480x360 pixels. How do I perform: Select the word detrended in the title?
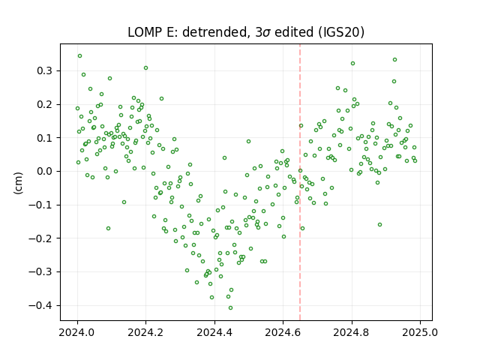(215, 32)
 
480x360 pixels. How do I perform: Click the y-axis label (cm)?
(18, 183)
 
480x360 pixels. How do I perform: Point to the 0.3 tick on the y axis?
(44, 71)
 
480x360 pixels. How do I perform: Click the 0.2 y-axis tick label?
(44, 105)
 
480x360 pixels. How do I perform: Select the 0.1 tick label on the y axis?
(44, 138)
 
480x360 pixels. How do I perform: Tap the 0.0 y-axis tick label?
(44, 172)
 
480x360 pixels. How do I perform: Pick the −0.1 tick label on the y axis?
(40, 205)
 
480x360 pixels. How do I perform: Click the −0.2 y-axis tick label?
(40, 238)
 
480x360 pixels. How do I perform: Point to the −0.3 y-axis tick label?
(40, 271)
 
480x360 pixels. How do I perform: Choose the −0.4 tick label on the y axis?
(40, 305)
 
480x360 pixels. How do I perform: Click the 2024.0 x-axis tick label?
(77, 332)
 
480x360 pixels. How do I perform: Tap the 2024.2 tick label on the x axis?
(146, 332)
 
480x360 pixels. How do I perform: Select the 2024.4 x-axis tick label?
(214, 332)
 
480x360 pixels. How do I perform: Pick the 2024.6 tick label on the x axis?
(283, 332)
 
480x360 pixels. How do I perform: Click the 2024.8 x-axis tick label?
(352, 332)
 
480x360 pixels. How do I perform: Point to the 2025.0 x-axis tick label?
(420, 332)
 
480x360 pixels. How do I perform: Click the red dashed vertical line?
(300, 182)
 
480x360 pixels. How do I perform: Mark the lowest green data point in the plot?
(230, 308)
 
